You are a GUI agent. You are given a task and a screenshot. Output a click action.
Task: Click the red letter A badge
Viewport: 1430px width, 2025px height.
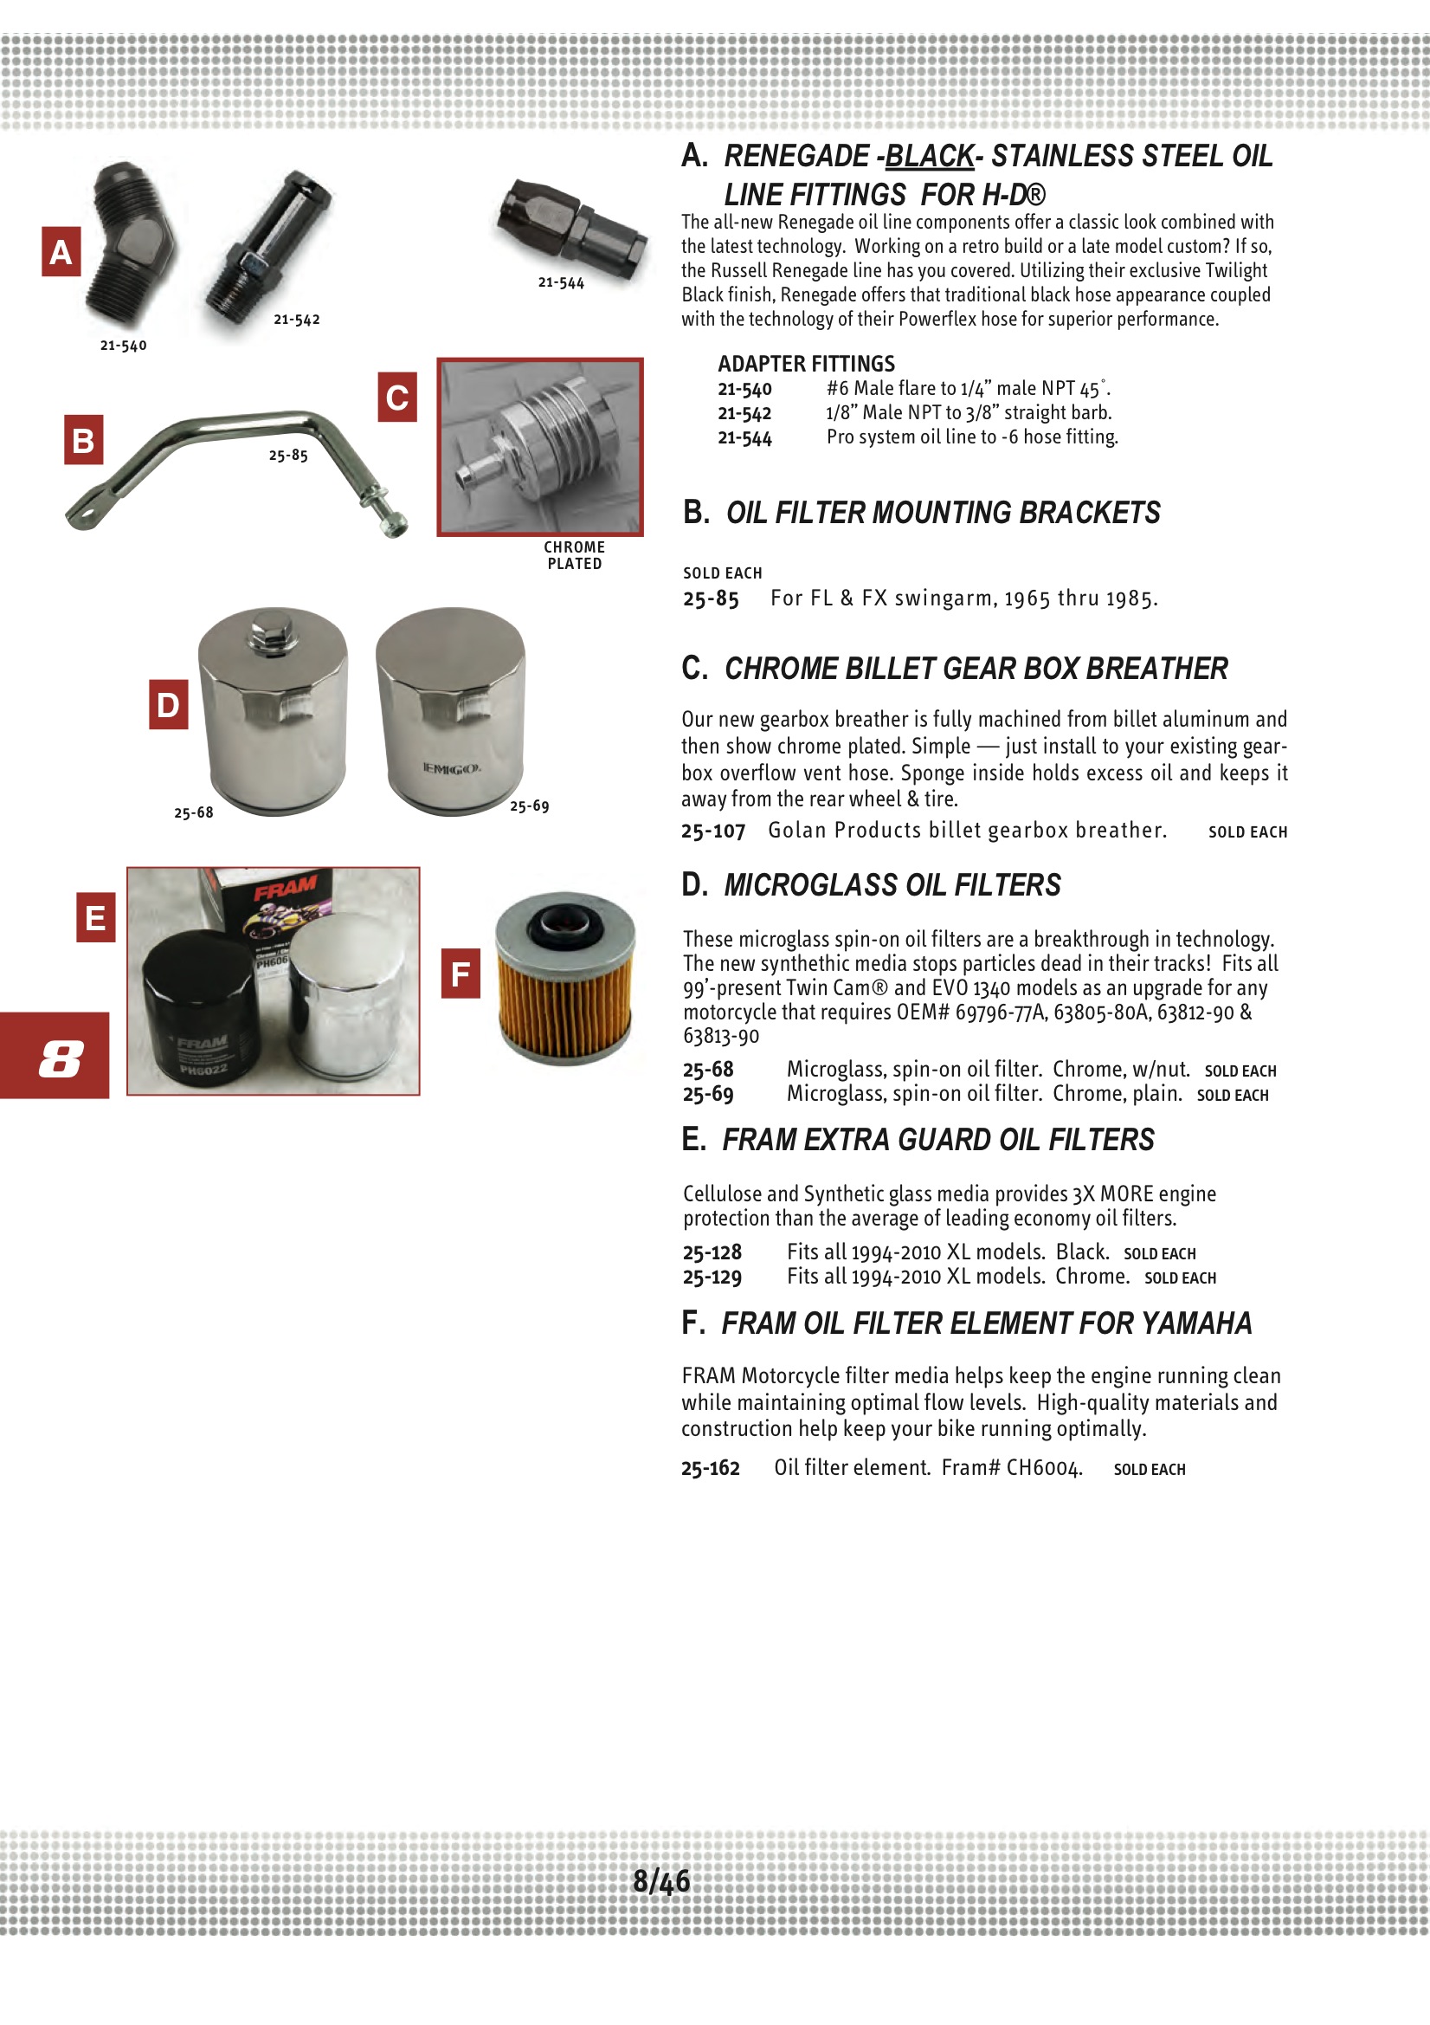[x=61, y=252]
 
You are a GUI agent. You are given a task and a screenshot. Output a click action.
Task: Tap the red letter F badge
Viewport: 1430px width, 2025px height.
[x=461, y=974]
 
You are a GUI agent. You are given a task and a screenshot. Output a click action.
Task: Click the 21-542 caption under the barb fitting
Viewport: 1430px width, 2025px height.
[x=296, y=320]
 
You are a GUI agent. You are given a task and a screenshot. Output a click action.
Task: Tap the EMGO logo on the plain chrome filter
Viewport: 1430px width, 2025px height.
[x=450, y=768]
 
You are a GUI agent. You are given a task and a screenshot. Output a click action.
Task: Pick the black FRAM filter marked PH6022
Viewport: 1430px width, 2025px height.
[x=199, y=1009]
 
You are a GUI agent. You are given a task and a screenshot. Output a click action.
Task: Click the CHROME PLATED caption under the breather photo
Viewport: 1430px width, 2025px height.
[x=574, y=556]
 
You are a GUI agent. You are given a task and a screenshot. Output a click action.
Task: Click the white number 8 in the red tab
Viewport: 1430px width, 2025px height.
[x=60, y=1058]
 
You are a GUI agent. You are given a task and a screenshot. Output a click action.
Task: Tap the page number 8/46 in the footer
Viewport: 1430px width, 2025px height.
[x=661, y=1881]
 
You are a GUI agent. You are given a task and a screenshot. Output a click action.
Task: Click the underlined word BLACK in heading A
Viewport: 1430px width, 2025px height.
[x=928, y=156]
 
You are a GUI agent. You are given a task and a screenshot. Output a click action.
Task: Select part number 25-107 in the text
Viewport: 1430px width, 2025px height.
[x=712, y=831]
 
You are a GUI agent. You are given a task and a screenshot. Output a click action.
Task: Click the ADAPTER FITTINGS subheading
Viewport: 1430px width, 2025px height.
[x=806, y=364]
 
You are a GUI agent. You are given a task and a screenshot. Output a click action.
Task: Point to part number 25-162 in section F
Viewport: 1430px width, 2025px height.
[x=710, y=1467]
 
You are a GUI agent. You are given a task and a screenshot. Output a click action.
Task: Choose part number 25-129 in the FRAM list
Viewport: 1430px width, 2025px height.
[x=712, y=1277]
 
